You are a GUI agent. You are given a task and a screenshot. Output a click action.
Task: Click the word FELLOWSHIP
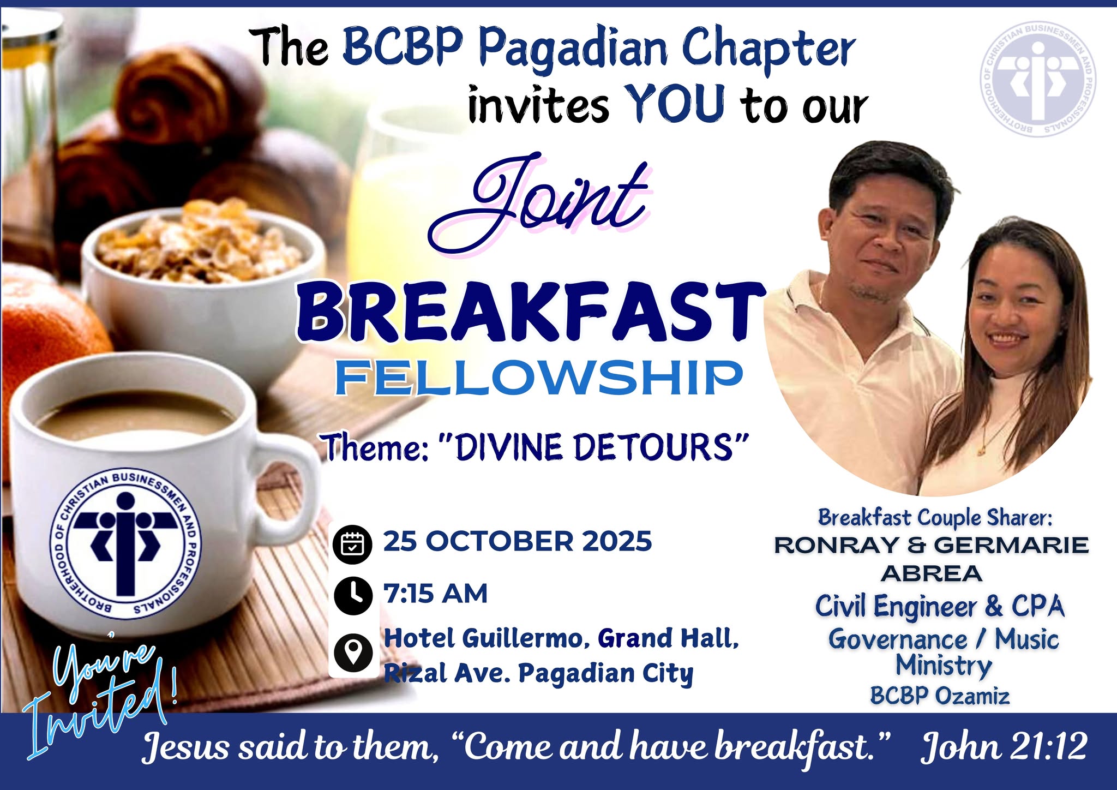(539, 378)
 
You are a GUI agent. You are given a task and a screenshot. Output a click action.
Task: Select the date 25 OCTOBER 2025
(517, 541)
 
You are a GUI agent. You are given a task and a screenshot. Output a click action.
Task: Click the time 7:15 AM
(435, 594)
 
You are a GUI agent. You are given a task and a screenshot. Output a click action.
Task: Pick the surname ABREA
(932, 573)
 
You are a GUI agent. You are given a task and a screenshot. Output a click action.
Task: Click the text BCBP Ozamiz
(940, 696)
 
